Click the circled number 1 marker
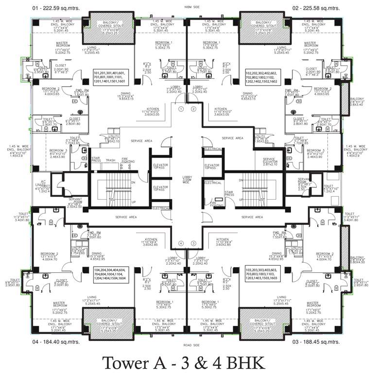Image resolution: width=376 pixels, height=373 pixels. (x=181, y=109)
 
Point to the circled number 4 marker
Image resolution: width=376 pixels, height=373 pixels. (x=181, y=243)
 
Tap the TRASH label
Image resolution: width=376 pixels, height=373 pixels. (x=110, y=160)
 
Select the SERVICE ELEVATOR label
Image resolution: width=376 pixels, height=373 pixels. (x=269, y=162)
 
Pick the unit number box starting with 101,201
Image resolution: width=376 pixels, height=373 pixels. (x=112, y=78)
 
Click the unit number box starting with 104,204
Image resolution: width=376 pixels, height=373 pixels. (x=112, y=275)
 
